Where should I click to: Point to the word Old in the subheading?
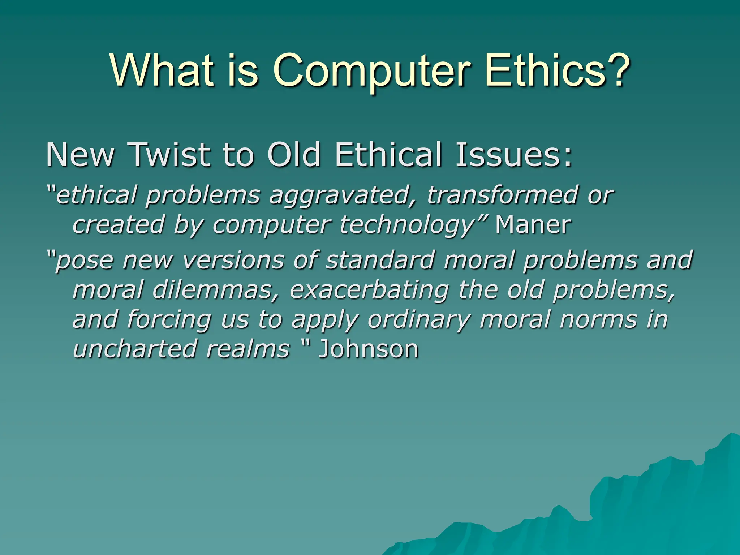(293, 155)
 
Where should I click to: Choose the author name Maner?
(533, 225)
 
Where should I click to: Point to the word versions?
(233, 260)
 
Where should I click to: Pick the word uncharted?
(134, 349)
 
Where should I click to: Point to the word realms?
(248, 349)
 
